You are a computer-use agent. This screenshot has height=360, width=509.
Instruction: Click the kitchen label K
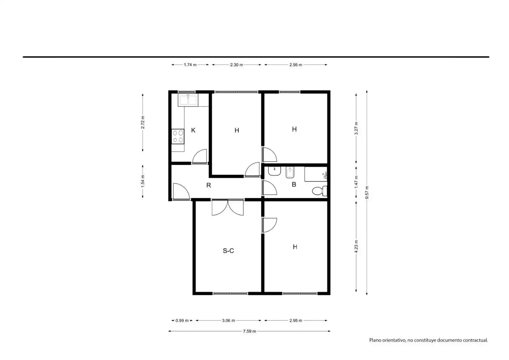coord(193,130)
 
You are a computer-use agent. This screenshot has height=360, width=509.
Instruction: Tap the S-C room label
coord(228,251)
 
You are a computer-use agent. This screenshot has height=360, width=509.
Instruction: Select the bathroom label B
coord(294,184)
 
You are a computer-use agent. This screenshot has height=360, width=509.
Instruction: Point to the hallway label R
coord(209,185)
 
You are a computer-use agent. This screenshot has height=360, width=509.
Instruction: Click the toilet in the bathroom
coord(319,191)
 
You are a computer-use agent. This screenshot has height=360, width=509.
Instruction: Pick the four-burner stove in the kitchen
coord(178,136)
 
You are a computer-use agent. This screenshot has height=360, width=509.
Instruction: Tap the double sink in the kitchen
coord(188,100)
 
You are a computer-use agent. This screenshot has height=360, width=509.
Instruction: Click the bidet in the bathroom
coord(290,173)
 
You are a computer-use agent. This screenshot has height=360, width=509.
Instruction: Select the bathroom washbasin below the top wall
coord(274,171)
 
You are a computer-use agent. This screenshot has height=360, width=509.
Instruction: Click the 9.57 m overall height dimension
coord(367,193)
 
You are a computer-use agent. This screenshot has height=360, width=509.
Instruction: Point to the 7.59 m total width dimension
coord(249,331)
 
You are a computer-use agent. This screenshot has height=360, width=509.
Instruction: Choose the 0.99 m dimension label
coord(182,320)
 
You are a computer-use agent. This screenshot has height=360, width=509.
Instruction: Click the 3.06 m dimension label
coord(229,320)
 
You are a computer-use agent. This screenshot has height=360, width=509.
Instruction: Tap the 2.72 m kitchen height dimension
coord(143,122)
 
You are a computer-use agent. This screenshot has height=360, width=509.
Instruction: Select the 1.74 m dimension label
coord(190,65)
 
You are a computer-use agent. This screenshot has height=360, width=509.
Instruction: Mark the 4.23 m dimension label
coord(356,246)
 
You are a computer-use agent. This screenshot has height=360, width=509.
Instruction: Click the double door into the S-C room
coord(228,207)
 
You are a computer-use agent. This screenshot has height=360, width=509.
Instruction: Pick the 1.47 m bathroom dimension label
coord(356,182)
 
